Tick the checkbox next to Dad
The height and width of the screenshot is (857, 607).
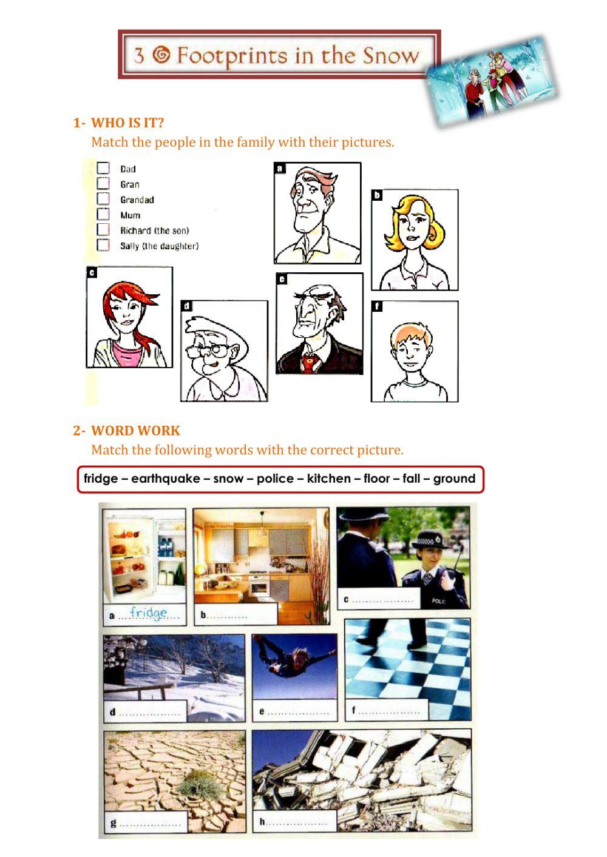tap(103, 168)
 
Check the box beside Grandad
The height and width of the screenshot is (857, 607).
tap(103, 198)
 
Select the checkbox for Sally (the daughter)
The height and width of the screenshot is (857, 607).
tap(103, 245)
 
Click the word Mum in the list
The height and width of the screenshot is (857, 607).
tap(131, 215)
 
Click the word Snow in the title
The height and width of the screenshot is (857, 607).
tap(391, 56)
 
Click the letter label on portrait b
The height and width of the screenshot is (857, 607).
tap(377, 195)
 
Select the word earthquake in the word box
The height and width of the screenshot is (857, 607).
tap(166, 479)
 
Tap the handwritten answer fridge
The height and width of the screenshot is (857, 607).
tap(149, 613)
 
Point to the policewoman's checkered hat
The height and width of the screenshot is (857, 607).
tap(429, 539)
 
